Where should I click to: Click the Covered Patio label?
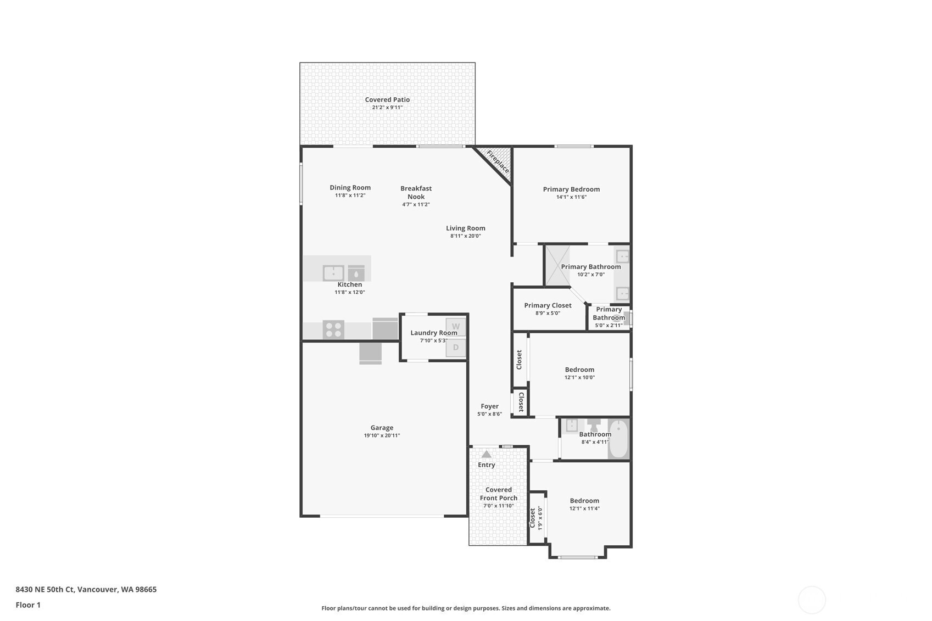click(x=387, y=100)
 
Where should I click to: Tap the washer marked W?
click(x=456, y=327)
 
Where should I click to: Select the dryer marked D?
click(x=456, y=348)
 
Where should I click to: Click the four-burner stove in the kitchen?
click(x=333, y=330)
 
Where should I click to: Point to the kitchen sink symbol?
click(x=333, y=273)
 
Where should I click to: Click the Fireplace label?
click(x=498, y=161)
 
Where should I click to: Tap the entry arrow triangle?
click(x=486, y=454)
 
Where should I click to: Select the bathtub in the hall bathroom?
click(x=618, y=438)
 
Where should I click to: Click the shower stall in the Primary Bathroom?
click(x=557, y=266)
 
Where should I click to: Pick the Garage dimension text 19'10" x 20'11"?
click(x=382, y=435)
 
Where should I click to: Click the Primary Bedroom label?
click(x=571, y=189)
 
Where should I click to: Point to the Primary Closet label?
click(x=548, y=305)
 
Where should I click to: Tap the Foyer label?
click(x=490, y=406)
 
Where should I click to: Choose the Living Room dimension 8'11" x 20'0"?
click(x=466, y=236)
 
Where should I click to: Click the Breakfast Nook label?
click(x=416, y=193)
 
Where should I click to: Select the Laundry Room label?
click(x=434, y=333)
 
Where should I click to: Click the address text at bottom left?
click(x=86, y=589)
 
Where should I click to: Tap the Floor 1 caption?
click(x=29, y=605)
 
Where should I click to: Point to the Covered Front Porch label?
click(x=499, y=494)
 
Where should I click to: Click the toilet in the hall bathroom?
click(x=594, y=426)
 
